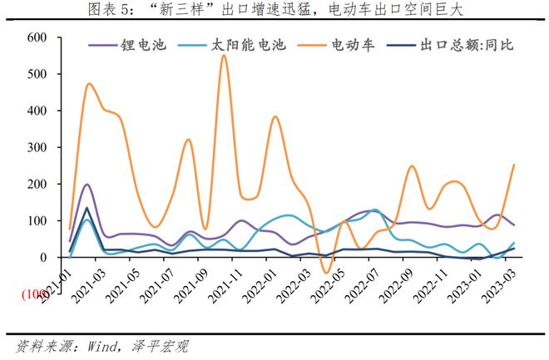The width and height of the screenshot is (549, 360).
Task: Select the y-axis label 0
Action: click(x=45, y=257)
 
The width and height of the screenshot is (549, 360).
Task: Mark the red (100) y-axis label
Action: click(x=35, y=294)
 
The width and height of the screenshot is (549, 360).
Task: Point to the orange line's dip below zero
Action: click(x=327, y=273)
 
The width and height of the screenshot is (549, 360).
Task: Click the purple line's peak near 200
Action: click(x=87, y=185)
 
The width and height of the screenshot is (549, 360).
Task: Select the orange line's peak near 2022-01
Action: click(x=275, y=116)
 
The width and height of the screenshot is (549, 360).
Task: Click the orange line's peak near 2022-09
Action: click(x=412, y=166)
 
